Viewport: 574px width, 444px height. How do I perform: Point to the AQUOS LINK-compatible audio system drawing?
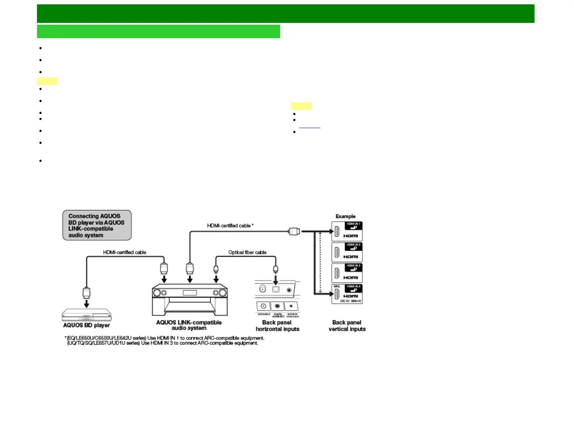point(190,300)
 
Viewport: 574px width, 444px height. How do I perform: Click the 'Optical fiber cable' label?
point(247,252)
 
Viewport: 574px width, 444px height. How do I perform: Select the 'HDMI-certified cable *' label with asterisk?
point(230,226)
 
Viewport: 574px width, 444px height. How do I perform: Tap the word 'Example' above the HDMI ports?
point(345,216)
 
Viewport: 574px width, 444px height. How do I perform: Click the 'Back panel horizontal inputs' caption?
point(277,326)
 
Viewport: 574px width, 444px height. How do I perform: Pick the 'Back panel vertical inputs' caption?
point(347,326)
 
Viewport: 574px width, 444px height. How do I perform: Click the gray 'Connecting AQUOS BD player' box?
point(97,225)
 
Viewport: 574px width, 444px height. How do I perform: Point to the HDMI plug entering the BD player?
point(86,292)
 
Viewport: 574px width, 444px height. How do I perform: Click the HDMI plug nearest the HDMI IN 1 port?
point(294,231)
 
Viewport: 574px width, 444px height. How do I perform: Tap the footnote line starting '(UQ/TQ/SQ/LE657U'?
point(163,343)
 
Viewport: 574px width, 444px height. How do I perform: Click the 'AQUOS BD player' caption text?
point(86,325)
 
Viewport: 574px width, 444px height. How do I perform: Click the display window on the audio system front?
point(190,293)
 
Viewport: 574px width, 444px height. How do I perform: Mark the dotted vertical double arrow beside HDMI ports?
point(320,262)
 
